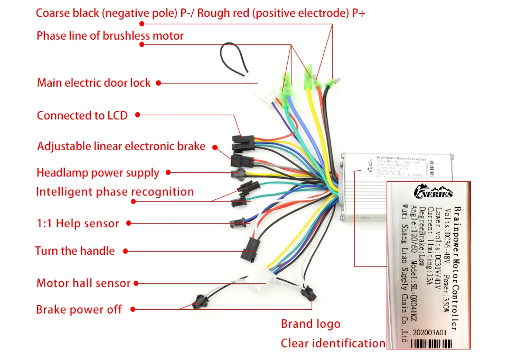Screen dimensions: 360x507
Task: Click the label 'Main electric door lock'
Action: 93,83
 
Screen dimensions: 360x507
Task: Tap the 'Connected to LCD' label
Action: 82,115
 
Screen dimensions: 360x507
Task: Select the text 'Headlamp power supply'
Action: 98,173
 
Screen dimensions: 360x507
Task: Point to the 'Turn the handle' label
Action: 74,251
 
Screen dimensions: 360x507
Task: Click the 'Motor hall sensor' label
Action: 83,283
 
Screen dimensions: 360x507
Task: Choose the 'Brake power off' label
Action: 79,310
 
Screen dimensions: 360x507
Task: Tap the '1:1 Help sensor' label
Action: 78,224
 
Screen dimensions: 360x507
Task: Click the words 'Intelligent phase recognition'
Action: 115,192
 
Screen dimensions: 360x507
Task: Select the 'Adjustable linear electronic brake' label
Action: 121,146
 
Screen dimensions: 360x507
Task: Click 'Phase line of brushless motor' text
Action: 110,36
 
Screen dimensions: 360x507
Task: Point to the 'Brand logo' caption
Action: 311,324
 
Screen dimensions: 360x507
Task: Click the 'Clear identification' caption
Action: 333,344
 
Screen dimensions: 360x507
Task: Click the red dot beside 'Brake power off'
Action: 133,309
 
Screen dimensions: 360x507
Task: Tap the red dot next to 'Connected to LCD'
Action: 138,114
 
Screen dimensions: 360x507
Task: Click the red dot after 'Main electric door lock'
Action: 158,83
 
